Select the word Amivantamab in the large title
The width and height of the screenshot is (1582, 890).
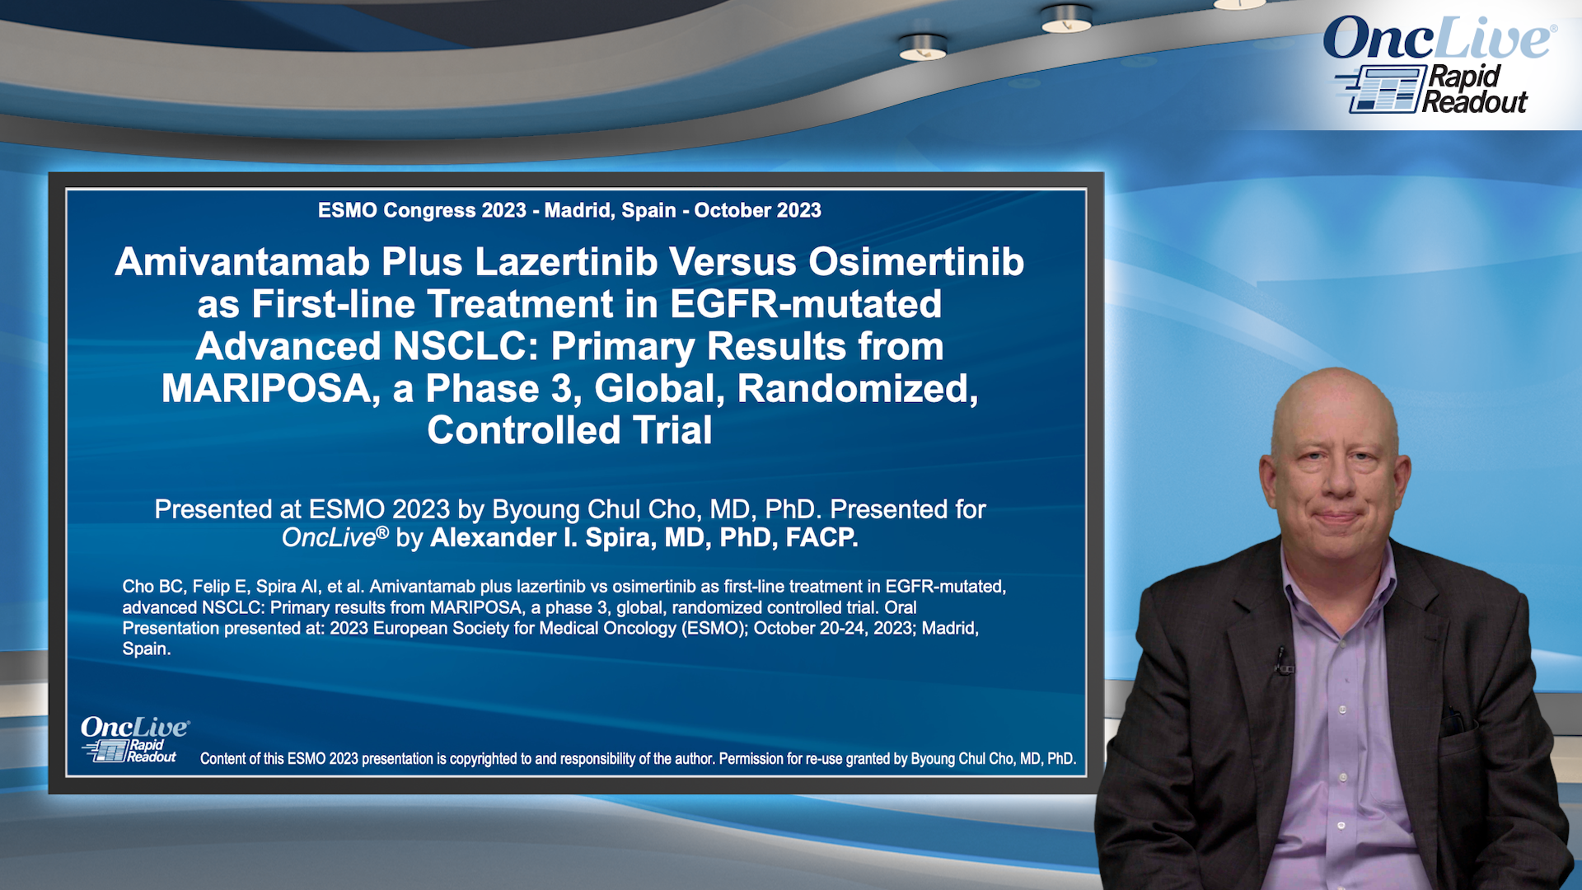[242, 262]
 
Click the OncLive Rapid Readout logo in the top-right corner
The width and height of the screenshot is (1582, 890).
[1439, 66]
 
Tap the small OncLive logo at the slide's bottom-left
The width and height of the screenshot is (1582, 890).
[133, 739]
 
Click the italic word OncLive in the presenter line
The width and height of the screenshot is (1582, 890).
[329, 538]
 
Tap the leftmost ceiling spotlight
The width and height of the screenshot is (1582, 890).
[922, 48]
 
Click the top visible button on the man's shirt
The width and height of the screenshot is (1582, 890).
[1342, 710]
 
